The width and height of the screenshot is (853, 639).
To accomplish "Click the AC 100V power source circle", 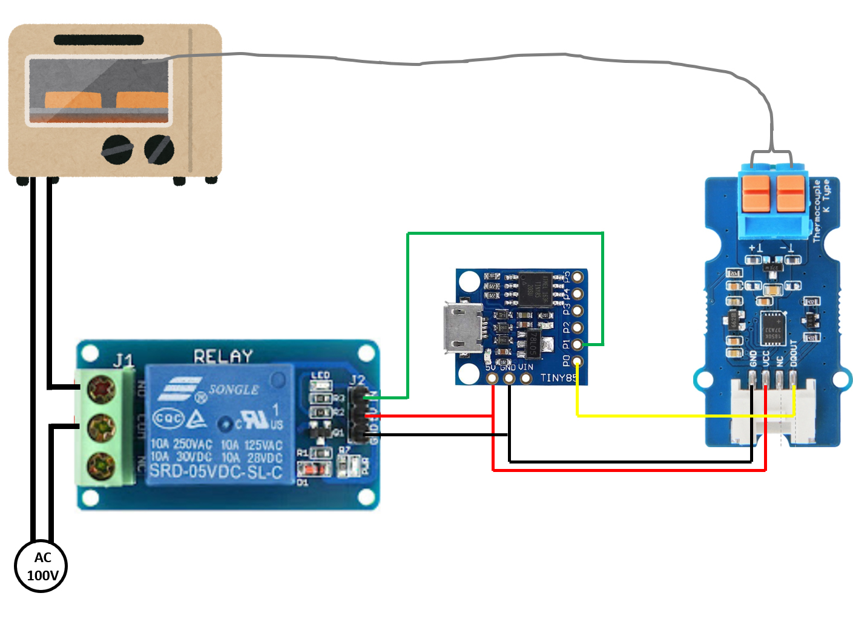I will [x=41, y=566].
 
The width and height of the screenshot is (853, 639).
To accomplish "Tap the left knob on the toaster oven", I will [x=117, y=149].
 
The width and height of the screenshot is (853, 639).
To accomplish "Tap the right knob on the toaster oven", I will [x=159, y=149].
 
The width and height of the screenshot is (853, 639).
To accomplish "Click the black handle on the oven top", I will [x=99, y=40].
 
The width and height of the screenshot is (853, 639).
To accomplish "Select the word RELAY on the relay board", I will [x=223, y=356].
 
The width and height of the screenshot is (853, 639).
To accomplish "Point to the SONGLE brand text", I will [x=234, y=390].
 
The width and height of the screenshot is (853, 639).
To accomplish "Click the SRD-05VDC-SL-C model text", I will [x=216, y=471].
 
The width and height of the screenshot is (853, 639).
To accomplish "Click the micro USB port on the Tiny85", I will [x=463, y=328].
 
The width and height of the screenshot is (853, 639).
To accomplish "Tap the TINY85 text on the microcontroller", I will [x=558, y=378].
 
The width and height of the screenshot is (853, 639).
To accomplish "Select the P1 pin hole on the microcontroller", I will [x=578, y=344].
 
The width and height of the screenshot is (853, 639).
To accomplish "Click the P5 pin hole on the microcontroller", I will [x=578, y=277].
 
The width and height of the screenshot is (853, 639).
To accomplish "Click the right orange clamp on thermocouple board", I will [x=791, y=192].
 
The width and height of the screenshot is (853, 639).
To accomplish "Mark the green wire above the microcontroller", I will [x=506, y=233].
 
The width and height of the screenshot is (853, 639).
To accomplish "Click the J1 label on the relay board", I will [x=124, y=361].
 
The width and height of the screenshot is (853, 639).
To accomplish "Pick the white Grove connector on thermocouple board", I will [x=772, y=411].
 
